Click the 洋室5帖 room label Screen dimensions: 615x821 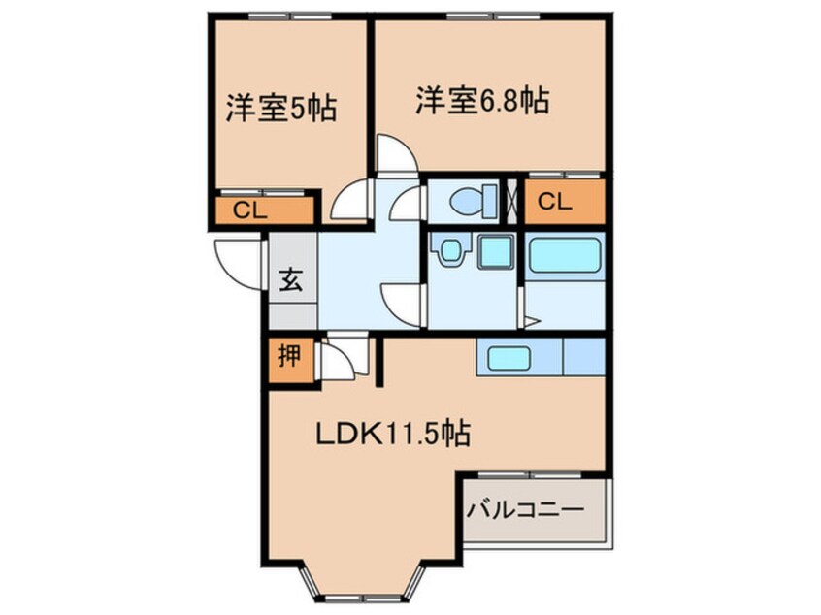point(280,107)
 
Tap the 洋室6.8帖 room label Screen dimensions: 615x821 point(482,101)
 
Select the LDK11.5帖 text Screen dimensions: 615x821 point(392,434)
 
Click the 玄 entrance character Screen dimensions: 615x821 point(291,282)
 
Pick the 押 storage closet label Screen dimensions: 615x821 point(288,356)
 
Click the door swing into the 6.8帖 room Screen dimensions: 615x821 point(396,155)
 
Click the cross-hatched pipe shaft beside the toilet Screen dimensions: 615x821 point(510,202)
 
